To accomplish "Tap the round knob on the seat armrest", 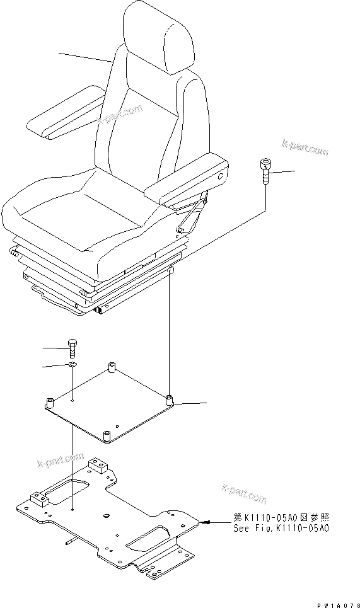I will coord(220,179).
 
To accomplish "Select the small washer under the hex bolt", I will coord(73,365).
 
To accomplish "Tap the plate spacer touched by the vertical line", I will coord(169,400).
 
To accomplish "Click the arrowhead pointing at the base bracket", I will coord(207,522).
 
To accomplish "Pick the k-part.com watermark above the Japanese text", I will coord(244,494).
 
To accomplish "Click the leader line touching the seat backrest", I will coord(86,58).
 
